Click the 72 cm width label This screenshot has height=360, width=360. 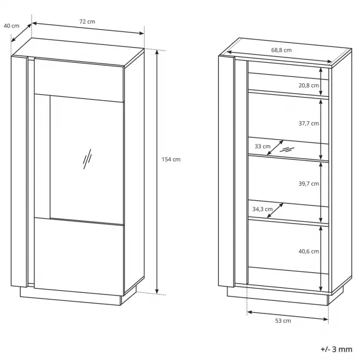(87, 22)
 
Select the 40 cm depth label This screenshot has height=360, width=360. (11, 26)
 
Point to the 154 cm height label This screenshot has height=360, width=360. (171, 159)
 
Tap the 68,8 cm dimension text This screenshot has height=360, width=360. (282, 50)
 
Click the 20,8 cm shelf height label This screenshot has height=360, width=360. (309, 86)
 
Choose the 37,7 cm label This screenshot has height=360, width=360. (309, 123)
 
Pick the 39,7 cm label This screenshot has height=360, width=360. (309, 184)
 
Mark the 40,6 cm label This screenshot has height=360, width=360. (309, 251)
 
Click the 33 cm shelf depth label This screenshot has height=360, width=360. (263, 146)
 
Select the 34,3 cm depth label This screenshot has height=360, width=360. (263, 209)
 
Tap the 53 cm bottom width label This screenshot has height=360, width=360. (283, 320)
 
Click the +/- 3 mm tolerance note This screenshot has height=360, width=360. (336, 349)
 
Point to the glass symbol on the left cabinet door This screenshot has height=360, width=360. (87, 159)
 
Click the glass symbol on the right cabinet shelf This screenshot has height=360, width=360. (287, 150)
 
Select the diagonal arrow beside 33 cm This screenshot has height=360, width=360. (276, 148)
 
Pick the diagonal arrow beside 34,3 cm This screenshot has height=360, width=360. (275, 210)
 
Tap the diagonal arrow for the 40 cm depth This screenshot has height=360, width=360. (21, 33)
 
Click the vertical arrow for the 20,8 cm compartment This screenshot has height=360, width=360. (321, 82)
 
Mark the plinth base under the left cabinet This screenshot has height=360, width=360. (71, 297)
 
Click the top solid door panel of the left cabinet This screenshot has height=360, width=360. (79, 80)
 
